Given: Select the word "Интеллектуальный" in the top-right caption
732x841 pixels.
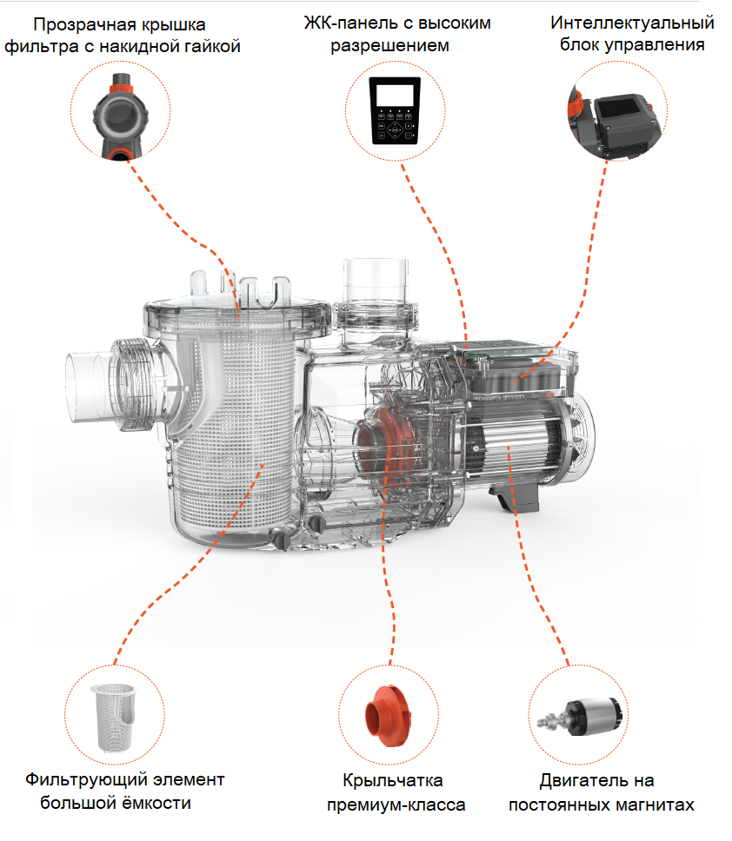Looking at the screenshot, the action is (632, 23).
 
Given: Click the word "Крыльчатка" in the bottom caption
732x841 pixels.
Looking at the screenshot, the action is (393, 780).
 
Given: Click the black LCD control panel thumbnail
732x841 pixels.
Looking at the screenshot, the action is (395, 110).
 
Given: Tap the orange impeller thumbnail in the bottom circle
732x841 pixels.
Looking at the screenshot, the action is (388, 716).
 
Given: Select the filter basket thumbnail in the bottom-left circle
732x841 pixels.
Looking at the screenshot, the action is (114, 717).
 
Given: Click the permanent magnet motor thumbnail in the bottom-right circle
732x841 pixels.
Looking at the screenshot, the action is (580, 717).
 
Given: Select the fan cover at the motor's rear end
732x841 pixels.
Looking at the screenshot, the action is (580, 438).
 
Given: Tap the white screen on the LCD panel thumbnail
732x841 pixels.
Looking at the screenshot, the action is (395, 95).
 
